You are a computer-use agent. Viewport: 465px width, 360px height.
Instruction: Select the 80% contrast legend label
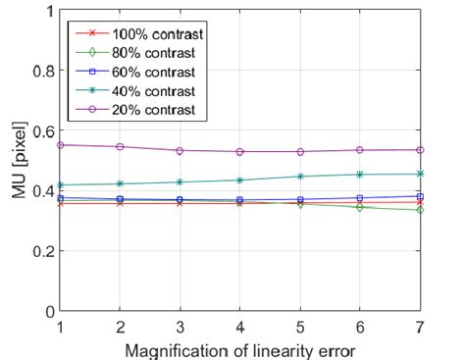[x=136, y=53]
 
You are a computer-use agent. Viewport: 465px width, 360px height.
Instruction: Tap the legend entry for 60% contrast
[x=136, y=72]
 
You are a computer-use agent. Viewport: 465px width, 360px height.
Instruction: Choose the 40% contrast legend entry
[x=136, y=90]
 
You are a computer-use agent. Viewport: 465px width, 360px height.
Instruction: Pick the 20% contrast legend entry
[x=136, y=109]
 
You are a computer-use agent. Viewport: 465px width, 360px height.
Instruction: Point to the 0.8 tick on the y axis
[x=37, y=71]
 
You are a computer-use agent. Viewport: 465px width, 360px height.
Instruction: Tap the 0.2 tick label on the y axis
[x=37, y=251]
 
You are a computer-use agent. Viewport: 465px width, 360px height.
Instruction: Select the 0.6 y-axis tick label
[x=37, y=131]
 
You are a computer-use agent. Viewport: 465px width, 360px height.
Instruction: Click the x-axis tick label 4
[x=239, y=326]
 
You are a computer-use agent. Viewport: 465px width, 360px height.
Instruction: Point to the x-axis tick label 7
[x=420, y=326]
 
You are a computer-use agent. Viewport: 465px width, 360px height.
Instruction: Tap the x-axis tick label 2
[x=120, y=326]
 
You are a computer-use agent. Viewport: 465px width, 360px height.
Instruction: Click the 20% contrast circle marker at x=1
[x=60, y=145]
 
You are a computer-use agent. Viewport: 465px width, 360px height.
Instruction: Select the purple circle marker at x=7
[x=420, y=150]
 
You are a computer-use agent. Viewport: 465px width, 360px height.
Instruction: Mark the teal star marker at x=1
[x=60, y=185]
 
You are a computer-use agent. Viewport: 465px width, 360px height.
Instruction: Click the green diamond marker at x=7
[x=420, y=210]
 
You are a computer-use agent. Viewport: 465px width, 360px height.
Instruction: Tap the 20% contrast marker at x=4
[x=239, y=152]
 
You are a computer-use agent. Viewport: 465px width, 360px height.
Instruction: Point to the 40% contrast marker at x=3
[x=180, y=182]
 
